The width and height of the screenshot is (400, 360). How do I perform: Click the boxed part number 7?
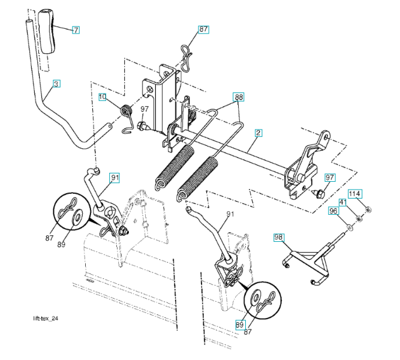tap(76, 29)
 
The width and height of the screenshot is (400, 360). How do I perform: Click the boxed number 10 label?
tap(103, 97)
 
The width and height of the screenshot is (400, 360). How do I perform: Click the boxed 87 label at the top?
tap(204, 29)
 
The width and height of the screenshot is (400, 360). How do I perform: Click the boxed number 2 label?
tap(258, 132)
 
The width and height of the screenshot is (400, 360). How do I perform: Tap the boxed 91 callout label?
tap(115, 177)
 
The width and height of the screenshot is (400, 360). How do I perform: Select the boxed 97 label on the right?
tap(330, 178)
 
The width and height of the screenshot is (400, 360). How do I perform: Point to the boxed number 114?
tap(355, 194)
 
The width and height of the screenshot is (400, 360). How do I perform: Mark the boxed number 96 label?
tap(333, 211)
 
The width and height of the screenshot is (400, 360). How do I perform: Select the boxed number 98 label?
tap(279, 236)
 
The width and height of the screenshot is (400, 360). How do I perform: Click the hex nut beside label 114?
tap(368, 209)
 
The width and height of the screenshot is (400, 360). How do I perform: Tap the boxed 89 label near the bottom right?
tap(240, 325)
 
